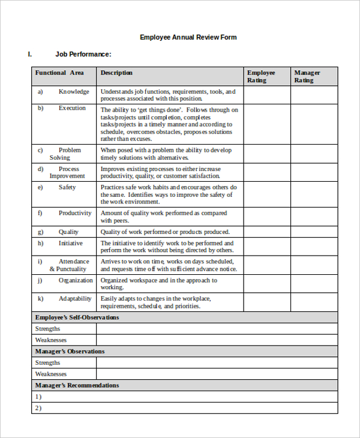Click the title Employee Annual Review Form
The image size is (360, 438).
(188, 37)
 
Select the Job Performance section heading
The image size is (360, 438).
(83, 54)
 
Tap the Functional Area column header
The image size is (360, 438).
(59, 73)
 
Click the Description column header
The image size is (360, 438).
(116, 73)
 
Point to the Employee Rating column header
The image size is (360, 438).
(261, 76)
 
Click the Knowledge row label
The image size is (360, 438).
(73, 92)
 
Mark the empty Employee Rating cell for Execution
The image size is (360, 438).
(267, 124)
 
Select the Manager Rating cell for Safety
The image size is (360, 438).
(314, 195)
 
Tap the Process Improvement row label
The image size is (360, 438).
(67, 173)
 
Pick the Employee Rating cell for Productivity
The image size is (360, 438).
(267, 217)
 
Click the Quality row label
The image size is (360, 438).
(68, 232)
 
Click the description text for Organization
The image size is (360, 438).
(158, 284)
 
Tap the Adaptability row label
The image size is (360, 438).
(75, 299)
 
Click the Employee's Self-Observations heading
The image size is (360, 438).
(77, 317)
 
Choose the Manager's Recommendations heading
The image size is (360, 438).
(77, 385)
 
